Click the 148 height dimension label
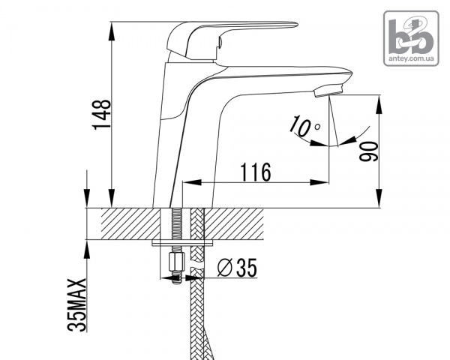[x=101, y=115]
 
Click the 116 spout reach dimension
[x=256, y=172]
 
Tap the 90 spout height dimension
[x=369, y=151]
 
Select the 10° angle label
[x=304, y=125]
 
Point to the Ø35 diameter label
[x=237, y=268]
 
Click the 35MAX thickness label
[x=77, y=305]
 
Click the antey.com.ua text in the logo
[x=411, y=58]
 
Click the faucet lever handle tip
[x=296, y=25]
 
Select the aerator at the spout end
[x=328, y=91]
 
